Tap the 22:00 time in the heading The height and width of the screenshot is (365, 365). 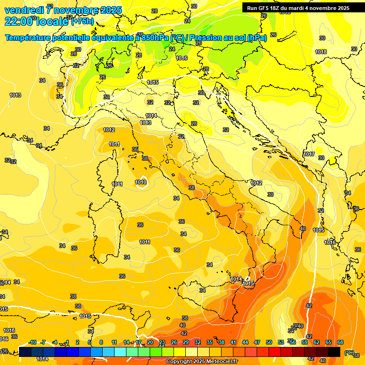click(x=19, y=21)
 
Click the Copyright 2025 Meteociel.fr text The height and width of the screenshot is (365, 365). click(x=202, y=361)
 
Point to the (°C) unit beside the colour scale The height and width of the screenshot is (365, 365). click(x=349, y=353)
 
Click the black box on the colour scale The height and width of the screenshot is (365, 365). click(x=334, y=352)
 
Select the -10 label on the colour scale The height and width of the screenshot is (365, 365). click(x=32, y=342)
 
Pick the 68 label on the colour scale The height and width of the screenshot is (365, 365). click(x=340, y=342)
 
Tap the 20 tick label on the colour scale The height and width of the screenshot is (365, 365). click(x=150, y=342)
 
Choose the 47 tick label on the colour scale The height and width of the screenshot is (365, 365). click(x=257, y=342)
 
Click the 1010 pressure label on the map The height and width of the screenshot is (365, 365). click(x=140, y=182)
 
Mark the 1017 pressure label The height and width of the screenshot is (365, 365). click(x=309, y=154)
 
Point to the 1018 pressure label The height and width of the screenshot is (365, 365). click(x=321, y=52)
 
